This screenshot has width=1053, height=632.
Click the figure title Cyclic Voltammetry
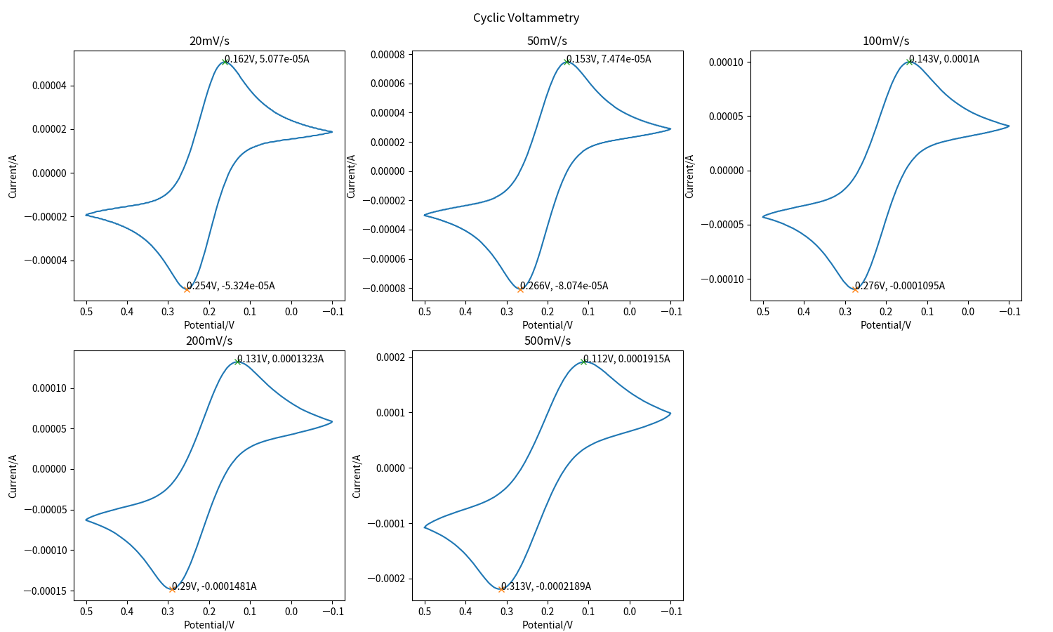pos(526,18)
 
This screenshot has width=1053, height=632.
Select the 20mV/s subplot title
pos(209,41)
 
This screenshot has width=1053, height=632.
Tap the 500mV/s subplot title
pos(547,341)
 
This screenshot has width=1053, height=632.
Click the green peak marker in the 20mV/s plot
pos(225,62)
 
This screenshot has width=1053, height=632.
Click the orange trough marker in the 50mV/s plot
pos(520,289)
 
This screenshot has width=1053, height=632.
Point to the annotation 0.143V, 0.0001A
pos(943,59)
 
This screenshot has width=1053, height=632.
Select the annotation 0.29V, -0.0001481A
pos(213,586)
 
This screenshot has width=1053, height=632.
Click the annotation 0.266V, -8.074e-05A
pos(564,286)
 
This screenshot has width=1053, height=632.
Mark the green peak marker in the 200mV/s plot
pos(237,362)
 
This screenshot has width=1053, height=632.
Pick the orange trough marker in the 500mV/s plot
pos(501,589)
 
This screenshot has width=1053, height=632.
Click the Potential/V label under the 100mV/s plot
pos(885,325)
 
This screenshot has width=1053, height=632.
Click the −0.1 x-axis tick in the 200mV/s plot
pos(332,611)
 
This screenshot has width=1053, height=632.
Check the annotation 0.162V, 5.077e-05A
pos(266,59)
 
